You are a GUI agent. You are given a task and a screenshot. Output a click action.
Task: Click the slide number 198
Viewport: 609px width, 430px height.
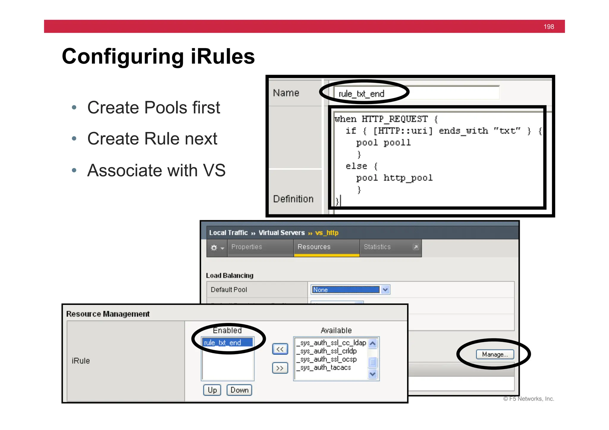[549, 27]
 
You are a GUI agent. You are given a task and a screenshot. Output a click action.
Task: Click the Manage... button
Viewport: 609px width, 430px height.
[495, 354]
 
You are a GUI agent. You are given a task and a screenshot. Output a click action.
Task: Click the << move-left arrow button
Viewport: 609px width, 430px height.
[280, 349]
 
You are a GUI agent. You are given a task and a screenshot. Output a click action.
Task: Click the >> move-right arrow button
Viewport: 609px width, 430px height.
[280, 368]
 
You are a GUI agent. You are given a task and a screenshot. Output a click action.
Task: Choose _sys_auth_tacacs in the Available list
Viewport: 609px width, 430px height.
[326, 368]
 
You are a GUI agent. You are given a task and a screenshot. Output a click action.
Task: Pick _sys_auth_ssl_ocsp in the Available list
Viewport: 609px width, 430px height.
[328, 359]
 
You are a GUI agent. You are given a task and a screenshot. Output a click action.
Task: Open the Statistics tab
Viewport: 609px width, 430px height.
[377, 247]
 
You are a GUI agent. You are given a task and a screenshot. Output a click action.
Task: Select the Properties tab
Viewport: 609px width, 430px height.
[247, 247]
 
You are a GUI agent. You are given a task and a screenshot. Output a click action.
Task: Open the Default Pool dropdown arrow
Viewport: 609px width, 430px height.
[385, 289]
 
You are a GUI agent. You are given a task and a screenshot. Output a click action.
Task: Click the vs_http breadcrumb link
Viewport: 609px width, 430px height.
[327, 233]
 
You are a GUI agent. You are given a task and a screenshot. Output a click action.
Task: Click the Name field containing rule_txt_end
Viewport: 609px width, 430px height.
[416, 94]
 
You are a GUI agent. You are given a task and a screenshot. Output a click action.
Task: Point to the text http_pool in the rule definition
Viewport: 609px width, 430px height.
[408, 178]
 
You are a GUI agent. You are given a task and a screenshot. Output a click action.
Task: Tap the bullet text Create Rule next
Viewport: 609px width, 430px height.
[152, 138]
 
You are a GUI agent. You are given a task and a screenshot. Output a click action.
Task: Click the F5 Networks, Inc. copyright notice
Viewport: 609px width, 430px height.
[529, 399]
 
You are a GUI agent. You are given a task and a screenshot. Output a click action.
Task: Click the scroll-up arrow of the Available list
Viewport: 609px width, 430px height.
[373, 344]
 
